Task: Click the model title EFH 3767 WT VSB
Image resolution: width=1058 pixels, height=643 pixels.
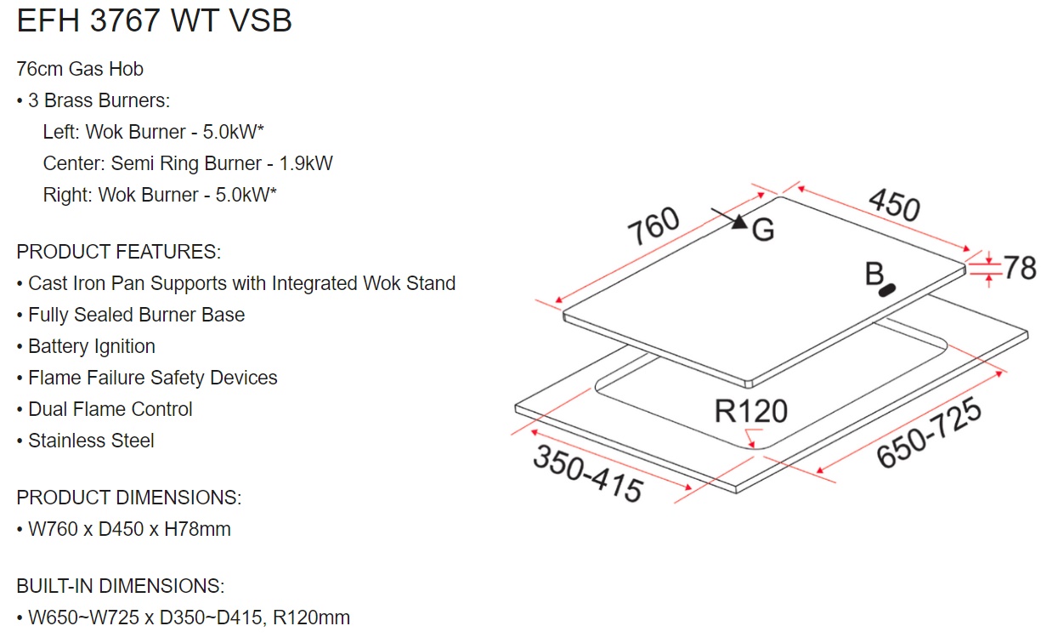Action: (x=154, y=21)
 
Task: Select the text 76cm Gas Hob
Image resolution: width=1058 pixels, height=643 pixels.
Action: (x=80, y=69)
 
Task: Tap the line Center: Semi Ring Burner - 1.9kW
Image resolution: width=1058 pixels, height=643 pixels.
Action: (x=188, y=163)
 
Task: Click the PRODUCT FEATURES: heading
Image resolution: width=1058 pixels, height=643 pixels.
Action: (x=118, y=252)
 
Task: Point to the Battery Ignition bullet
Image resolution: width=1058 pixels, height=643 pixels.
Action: (x=91, y=346)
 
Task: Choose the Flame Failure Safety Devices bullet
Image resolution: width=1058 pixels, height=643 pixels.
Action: (x=152, y=378)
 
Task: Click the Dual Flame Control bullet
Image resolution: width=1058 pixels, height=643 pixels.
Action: (x=110, y=409)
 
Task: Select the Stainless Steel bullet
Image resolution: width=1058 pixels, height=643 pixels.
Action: (x=91, y=441)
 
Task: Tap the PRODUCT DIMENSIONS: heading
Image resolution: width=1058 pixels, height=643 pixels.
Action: (x=128, y=498)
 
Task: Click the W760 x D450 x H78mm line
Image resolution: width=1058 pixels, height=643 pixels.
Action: (x=129, y=529)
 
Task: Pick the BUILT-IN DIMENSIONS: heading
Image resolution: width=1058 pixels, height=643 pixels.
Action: (x=120, y=586)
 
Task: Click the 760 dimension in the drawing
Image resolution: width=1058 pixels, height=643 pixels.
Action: (x=654, y=226)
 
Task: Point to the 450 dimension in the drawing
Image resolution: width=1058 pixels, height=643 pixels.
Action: (x=894, y=205)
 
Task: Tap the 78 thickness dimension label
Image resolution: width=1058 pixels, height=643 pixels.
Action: (x=1020, y=268)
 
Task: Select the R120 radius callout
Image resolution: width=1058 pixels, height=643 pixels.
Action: (x=750, y=412)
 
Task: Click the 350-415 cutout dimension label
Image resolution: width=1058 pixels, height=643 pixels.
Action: (x=587, y=473)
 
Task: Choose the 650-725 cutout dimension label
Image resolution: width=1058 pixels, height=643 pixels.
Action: (x=929, y=433)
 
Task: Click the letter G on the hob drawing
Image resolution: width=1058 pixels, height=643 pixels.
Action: (x=763, y=230)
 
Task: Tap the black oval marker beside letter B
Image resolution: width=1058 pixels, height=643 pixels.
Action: (x=889, y=290)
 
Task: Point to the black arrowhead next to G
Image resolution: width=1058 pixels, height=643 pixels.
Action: (x=738, y=221)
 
